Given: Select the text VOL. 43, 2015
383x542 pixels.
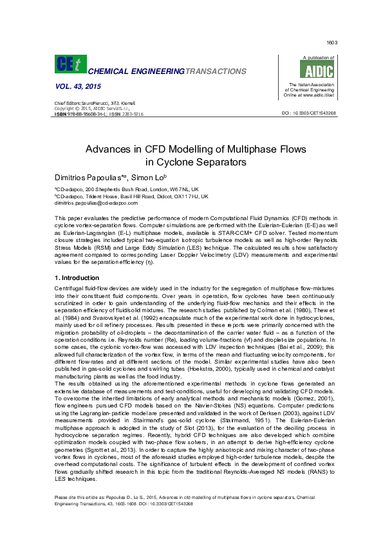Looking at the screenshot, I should coord(73,87).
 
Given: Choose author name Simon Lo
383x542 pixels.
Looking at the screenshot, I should coord(153,176).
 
